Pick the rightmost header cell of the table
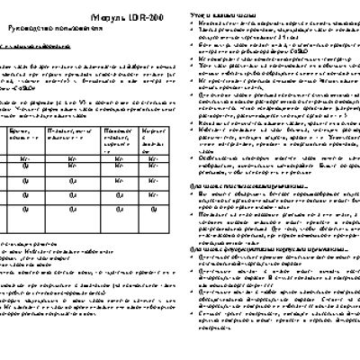point(153,134)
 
